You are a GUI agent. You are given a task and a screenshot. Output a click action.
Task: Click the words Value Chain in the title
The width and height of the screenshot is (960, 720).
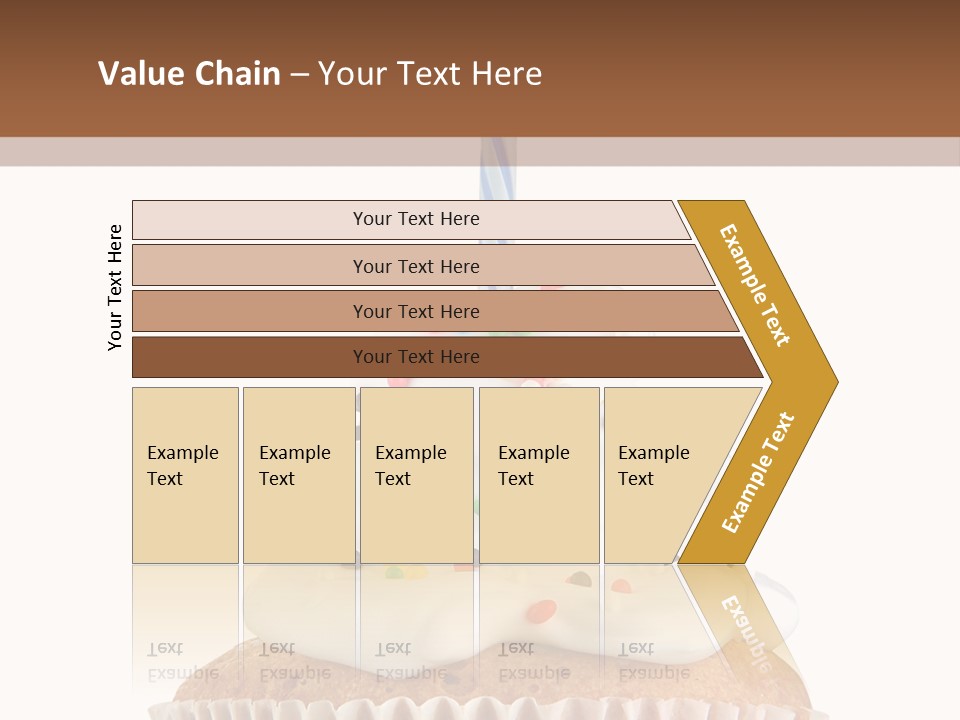[x=189, y=74]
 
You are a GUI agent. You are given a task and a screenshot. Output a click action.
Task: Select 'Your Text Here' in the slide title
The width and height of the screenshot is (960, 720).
[x=430, y=74]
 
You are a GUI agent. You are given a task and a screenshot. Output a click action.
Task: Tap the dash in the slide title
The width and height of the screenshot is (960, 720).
[x=299, y=75]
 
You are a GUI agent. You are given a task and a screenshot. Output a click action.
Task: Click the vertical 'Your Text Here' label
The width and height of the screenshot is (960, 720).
[x=115, y=287]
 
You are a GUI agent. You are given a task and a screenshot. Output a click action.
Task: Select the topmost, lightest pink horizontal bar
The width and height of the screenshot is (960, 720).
[x=410, y=219]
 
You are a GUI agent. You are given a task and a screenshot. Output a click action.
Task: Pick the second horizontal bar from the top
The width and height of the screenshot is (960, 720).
[x=420, y=266]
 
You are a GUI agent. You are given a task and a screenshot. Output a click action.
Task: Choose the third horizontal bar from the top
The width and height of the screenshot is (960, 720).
[x=430, y=311]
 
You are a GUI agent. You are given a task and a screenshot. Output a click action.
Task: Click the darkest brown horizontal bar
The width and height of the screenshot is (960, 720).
[x=440, y=357]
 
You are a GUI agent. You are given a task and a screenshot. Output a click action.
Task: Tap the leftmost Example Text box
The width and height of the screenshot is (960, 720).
[x=185, y=475]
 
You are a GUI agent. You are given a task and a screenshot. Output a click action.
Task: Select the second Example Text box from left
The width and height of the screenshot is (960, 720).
[x=298, y=475]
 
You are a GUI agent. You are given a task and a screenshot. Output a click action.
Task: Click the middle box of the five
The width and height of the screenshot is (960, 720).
[x=416, y=475]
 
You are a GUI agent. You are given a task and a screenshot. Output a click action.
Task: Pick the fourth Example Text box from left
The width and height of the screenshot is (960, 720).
[x=539, y=475]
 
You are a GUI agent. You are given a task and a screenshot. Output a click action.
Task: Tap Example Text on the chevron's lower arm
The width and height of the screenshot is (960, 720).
[x=759, y=473]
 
